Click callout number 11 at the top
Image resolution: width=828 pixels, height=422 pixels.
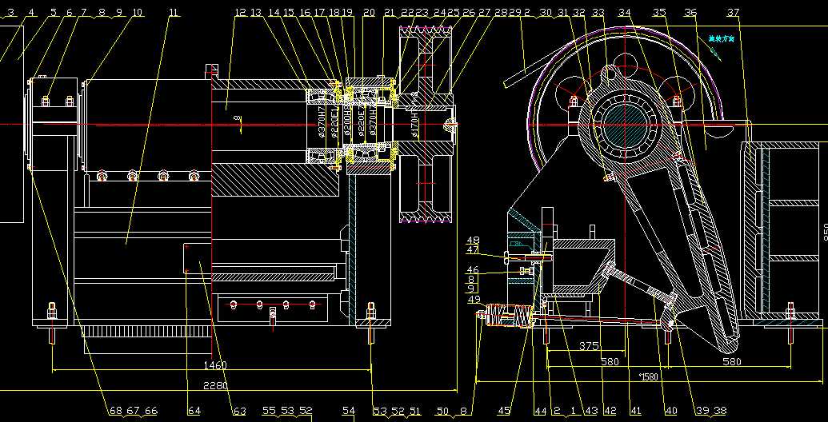click(x=174, y=13)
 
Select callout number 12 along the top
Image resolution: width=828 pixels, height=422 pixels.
click(x=241, y=13)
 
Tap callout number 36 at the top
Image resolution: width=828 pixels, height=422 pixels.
click(x=690, y=13)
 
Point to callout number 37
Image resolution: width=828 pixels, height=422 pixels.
click(x=734, y=13)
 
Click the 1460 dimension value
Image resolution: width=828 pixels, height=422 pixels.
click(x=215, y=365)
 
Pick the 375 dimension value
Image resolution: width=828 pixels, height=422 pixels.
click(x=589, y=346)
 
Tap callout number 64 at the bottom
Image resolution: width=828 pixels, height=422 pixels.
click(x=194, y=411)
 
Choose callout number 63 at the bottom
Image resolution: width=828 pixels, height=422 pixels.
click(x=239, y=411)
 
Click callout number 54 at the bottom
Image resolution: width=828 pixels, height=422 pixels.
click(x=348, y=411)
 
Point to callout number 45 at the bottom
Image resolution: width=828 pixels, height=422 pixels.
click(x=504, y=411)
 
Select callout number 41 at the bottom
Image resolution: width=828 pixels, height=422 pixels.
click(x=636, y=411)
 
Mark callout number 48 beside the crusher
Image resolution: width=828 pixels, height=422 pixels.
click(x=473, y=241)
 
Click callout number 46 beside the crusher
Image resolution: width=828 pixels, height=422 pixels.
click(x=473, y=270)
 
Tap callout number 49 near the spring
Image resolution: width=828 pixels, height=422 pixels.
click(x=474, y=301)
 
